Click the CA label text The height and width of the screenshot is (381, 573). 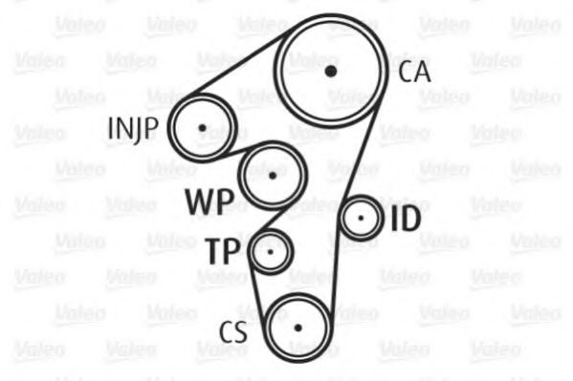pyautogui.click(x=414, y=72)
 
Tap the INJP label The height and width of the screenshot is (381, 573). pyautogui.click(x=133, y=130)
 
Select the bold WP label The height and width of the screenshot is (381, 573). pyautogui.click(x=209, y=201)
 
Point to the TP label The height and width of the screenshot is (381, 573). pyautogui.click(x=223, y=251)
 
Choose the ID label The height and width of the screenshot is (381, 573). pyautogui.click(x=406, y=219)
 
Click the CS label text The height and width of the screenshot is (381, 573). pyautogui.click(x=233, y=331)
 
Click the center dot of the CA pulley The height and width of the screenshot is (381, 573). pyautogui.click(x=331, y=71)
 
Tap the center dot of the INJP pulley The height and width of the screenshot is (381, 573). pyautogui.click(x=202, y=128)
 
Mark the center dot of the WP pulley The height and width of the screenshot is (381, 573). pyautogui.click(x=273, y=176)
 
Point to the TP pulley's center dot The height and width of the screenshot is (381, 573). pyautogui.click(x=271, y=252)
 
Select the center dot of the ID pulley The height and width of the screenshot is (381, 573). pyautogui.click(x=361, y=219)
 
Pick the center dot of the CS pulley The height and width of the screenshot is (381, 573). pyautogui.click(x=298, y=328)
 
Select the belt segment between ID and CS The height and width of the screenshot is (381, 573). pyautogui.click(x=335, y=274)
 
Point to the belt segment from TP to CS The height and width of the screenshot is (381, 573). pyautogui.click(x=257, y=289)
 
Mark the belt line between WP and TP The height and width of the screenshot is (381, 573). pyautogui.click(x=271, y=220)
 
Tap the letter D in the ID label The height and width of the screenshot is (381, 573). pyautogui.click(x=410, y=219)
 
